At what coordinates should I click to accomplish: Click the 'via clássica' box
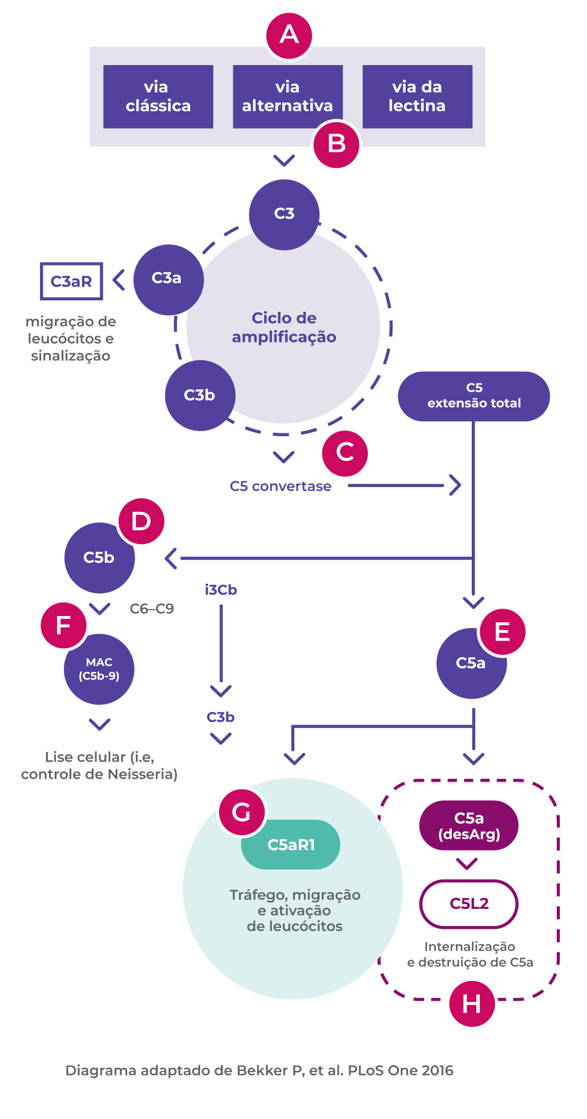point(158,96)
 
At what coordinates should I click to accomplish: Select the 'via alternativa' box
point(288,96)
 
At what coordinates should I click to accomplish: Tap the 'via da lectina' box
point(418,96)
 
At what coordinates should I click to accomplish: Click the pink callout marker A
point(289,35)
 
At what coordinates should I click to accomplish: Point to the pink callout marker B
point(337,144)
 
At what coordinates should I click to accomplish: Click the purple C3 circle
point(284,214)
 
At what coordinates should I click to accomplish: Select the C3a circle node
point(168,279)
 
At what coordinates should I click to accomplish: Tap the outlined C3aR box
point(71,281)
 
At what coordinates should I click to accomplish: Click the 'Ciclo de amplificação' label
point(284,327)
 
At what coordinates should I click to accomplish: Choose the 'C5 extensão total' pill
point(473,396)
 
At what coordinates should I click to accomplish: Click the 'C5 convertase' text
point(281,486)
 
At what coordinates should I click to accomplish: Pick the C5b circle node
point(99,558)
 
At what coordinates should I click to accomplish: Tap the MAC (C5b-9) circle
point(99,669)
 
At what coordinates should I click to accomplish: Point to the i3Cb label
point(221,590)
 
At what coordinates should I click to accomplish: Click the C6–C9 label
point(152,609)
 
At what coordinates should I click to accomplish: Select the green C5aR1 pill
point(291,845)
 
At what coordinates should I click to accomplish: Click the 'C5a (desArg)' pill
point(469,826)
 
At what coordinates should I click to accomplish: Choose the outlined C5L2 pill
point(469,904)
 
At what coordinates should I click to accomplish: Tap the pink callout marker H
point(472,1004)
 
